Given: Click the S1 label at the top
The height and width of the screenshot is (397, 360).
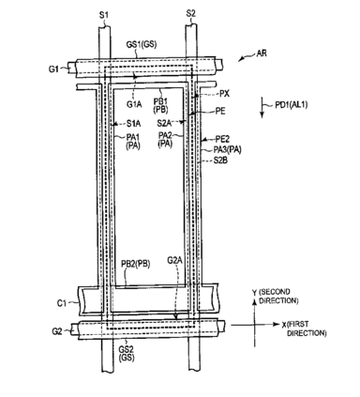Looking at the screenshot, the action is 104,15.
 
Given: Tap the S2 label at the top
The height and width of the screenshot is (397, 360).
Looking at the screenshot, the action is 191,14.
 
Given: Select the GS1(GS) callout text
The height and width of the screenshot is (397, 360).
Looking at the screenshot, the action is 142,45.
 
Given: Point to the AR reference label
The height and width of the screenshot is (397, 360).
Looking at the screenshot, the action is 262,53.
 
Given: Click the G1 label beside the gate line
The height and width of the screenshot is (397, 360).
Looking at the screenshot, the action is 53,69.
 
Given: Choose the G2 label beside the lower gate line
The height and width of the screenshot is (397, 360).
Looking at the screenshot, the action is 56,331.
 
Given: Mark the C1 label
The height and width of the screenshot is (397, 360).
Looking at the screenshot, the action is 62,303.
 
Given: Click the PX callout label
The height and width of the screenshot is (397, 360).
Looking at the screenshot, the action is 224,94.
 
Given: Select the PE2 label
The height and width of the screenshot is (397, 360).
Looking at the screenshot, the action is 223,139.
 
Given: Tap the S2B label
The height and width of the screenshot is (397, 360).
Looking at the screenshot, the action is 220,160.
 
